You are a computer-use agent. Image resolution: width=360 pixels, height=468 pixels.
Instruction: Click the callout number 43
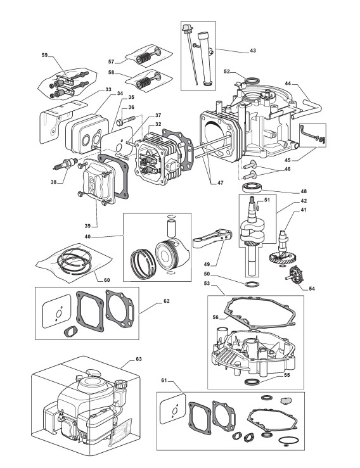[x=253, y=51]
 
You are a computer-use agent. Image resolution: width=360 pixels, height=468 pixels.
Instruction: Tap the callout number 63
[x=139, y=359]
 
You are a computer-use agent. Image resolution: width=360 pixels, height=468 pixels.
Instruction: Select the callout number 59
[x=44, y=55]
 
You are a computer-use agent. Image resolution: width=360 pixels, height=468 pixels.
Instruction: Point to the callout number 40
[x=87, y=237]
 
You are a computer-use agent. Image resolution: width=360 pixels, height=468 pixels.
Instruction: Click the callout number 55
[x=287, y=375]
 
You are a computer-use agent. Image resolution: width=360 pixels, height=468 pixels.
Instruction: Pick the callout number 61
[x=164, y=380]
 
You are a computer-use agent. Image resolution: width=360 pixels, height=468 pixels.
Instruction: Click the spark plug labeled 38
[x=65, y=164]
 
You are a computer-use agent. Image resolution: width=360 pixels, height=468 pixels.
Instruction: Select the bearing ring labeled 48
[x=252, y=187]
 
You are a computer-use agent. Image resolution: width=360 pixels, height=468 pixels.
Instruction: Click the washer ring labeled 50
[x=251, y=283]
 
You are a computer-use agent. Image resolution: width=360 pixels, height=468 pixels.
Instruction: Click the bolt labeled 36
[x=126, y=120]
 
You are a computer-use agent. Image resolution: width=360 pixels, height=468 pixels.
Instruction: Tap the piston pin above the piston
[x=172, y=229]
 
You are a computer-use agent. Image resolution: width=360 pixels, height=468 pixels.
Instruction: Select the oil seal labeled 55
[x=251, y=381]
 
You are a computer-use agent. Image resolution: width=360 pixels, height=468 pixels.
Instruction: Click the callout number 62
[x=167, y=301]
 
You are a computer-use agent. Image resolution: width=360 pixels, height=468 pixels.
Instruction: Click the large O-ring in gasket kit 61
[x=288, y=441]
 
